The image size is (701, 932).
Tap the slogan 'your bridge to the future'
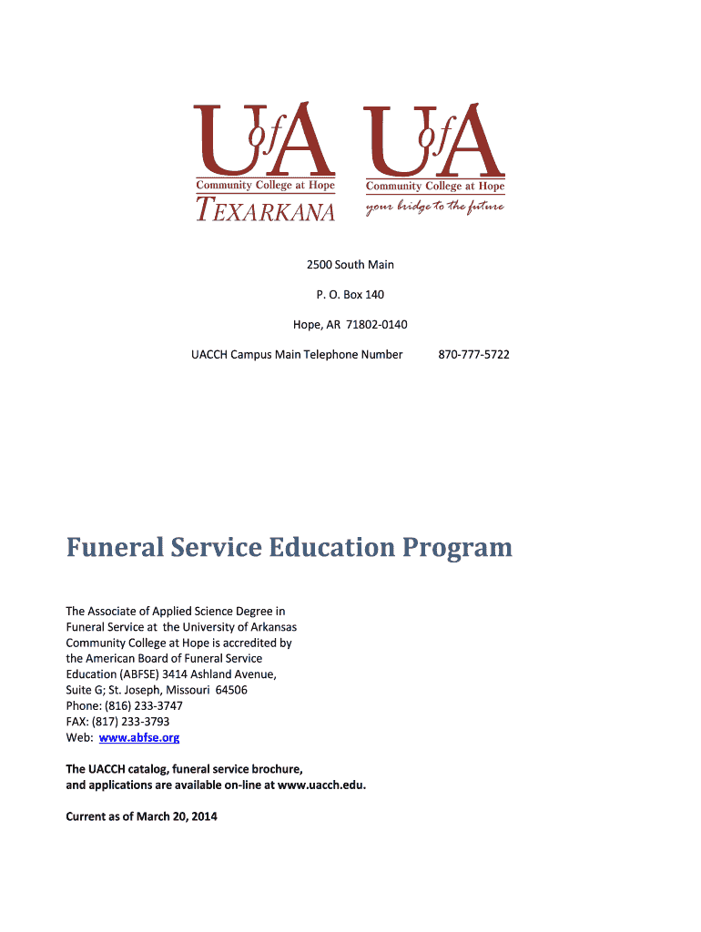(435, 207)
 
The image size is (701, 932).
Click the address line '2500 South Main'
(350, 265)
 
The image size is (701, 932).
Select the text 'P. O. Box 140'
(350, 294)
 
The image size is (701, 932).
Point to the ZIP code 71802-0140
(376, 324)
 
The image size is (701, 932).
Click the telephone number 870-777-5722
(473, 354)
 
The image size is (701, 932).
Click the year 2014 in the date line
(205, 816)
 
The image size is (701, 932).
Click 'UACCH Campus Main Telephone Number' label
(297, 354)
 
